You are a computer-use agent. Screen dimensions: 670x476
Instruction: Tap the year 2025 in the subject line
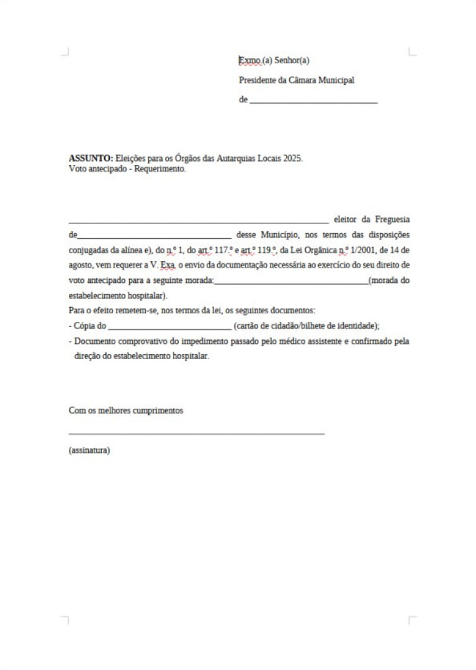[292, 158]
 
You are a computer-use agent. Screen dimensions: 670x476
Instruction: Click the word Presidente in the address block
[258, 80]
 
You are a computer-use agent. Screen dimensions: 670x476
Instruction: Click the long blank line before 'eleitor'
[199, 221]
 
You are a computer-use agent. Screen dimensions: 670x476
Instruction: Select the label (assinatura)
[89, 450]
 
